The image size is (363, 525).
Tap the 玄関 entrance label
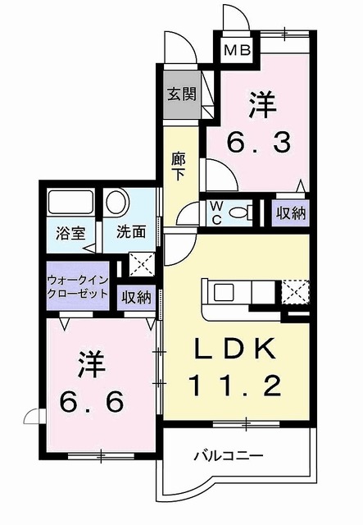pyautogui.click(x=182, y=94)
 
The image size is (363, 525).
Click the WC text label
pyautogui.click(x=215, y=211)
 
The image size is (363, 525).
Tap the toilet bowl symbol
pyautogui.click(x=239, y=212)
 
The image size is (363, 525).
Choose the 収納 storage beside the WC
pyautogui.click(x=290, y=212)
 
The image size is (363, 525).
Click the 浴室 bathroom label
pyautogui.click(x=66, y=232)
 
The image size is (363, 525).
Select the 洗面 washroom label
pyautogui.click(x=129, y=232)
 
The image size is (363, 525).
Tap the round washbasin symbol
pyautogui.click(x=116, y=202)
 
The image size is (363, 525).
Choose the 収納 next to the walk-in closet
pyautogui.click(x=136, y=297)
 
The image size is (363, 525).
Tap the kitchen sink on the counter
pyautogui.click(x=224, y=291)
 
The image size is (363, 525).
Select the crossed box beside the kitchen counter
pyautogui.click(x=294, y=291)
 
